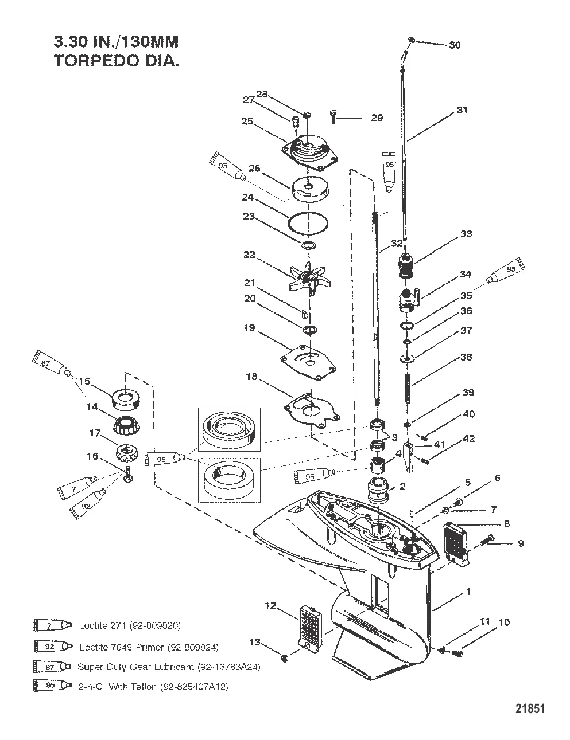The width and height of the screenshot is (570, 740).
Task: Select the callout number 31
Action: click(462, 110)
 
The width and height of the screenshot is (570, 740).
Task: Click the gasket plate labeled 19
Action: click(308, 360)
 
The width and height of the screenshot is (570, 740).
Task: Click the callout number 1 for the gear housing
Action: click(468, 592)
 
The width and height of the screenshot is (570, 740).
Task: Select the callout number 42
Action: click(469, 439)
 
